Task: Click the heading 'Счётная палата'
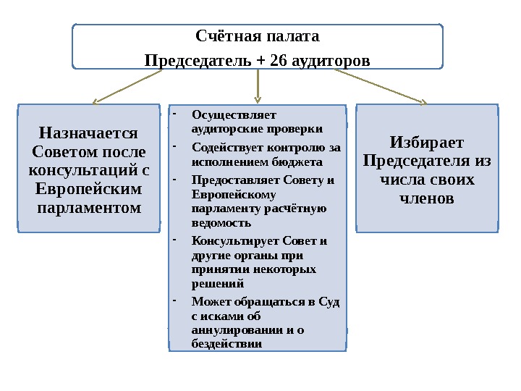point(258,35)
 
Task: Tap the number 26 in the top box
point(276,59)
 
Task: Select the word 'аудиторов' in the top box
point(328,59)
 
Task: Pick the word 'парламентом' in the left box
point(89,209)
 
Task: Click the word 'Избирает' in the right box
point(427,142)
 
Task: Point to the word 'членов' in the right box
point(427,198)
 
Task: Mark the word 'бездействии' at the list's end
point(226,343)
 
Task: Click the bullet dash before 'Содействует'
point(175,147)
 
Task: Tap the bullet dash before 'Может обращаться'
point(175,300)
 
